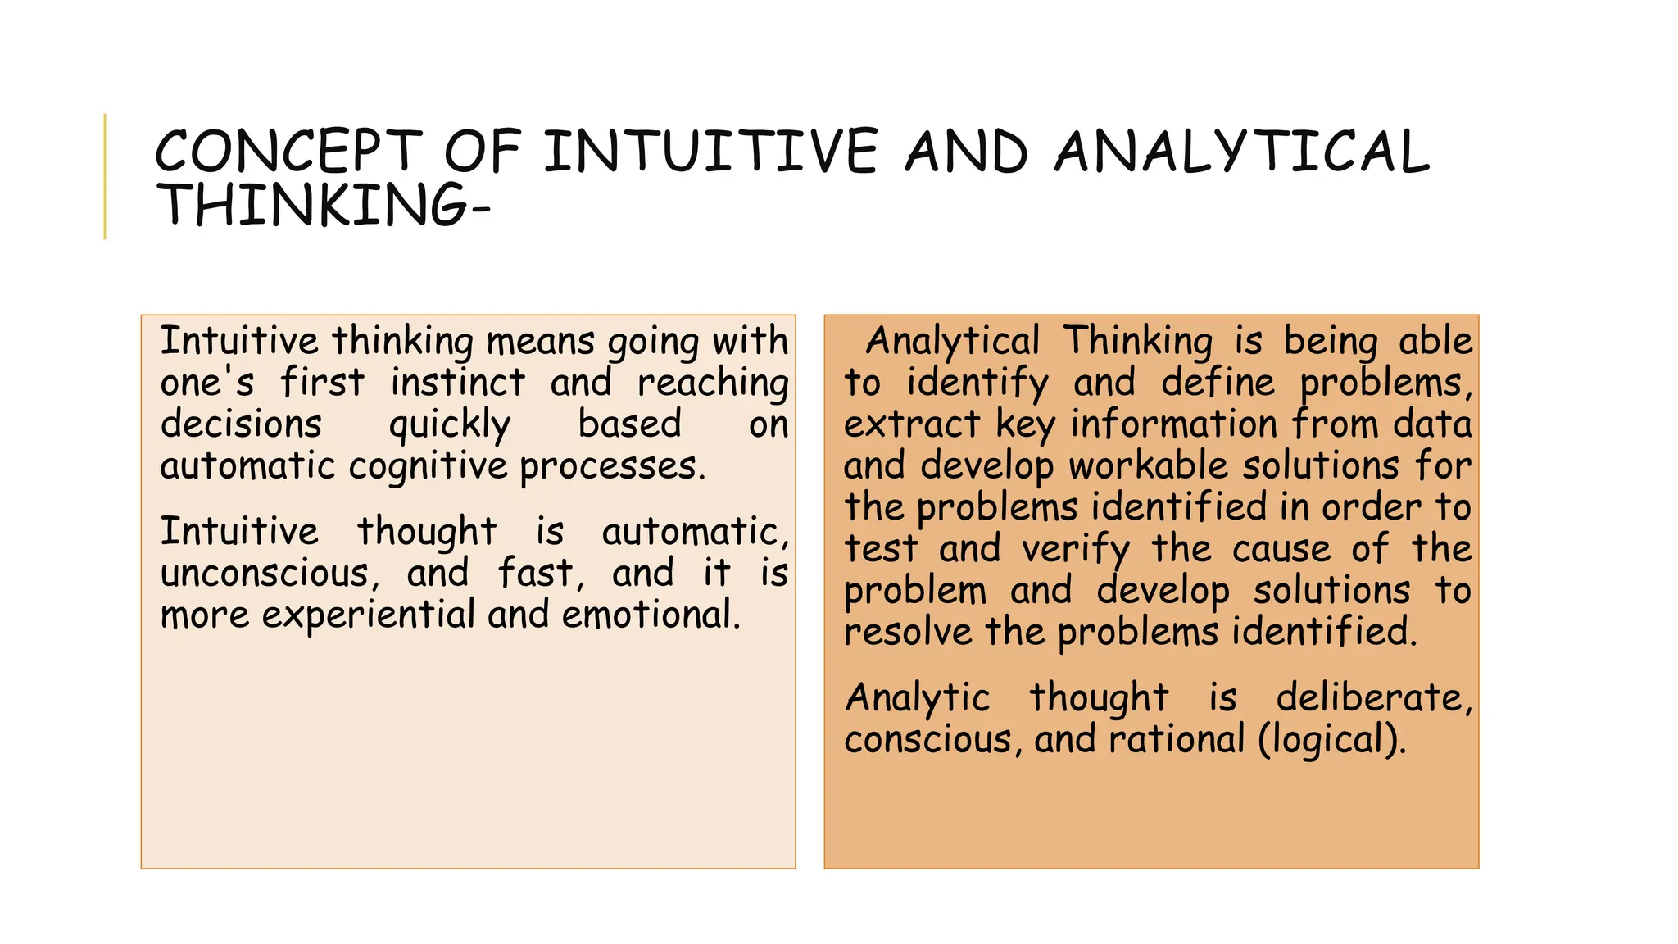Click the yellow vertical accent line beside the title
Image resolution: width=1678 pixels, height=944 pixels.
click(x=105, y=176)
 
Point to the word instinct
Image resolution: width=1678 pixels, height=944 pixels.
click(x=457, y=383)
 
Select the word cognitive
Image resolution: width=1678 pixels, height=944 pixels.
click(x=428, y=467)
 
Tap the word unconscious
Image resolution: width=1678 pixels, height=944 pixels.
click(x=270, y=574)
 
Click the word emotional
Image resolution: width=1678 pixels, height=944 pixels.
click(x=651, y=615)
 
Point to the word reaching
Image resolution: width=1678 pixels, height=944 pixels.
click(x=713, y=383)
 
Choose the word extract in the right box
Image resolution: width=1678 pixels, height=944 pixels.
click(x=912, y=424)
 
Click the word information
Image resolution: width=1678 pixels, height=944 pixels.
click(x=1174, y=424)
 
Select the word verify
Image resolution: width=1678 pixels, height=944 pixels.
click(x=1076, y=549)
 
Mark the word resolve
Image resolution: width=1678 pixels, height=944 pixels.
click(x=908, y=633)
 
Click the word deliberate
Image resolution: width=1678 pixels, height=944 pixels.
click(x=1374, y=698)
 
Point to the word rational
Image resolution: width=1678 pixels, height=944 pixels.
click(x=1177, y=740)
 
